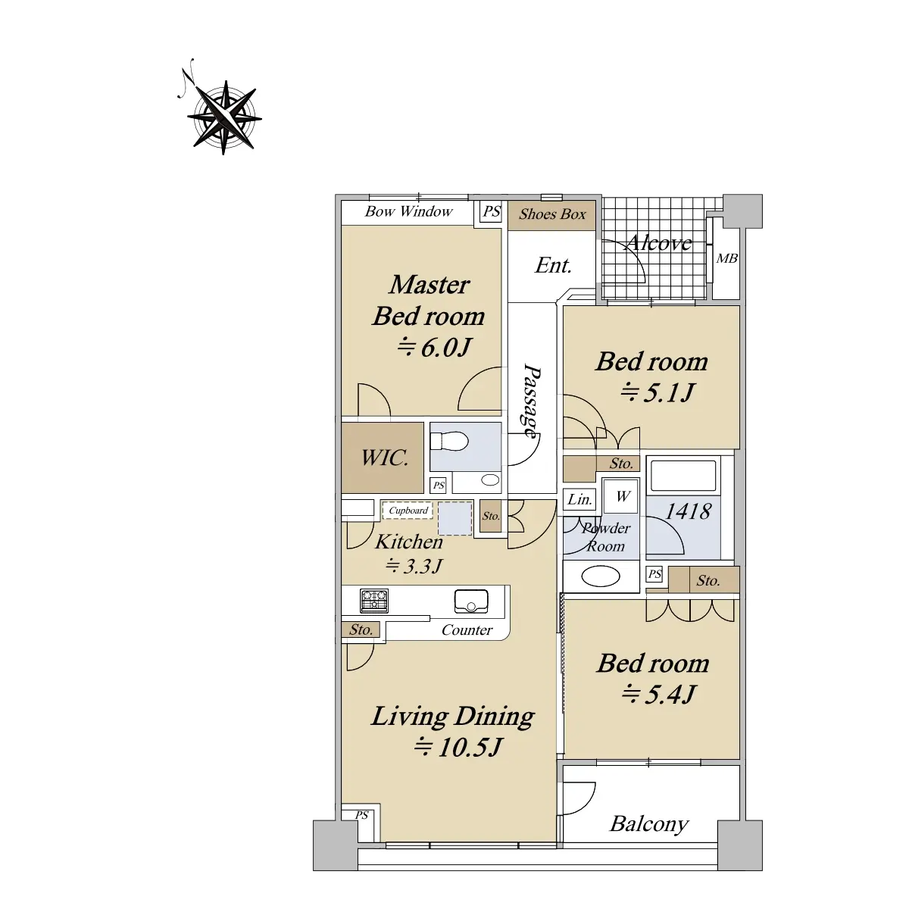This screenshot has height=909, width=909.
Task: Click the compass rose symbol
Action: (x=223, y=117)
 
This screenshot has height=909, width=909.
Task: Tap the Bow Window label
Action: (x=408, y=211)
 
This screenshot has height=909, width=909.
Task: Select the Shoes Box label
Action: (x=552, y=214)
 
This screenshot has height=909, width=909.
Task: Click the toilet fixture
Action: (x=448, y=442)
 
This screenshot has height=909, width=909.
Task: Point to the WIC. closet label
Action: (x=385, y=458)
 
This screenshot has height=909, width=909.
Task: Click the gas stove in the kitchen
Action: (x=374, y=601)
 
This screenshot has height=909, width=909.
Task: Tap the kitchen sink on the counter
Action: (x=470, y=601)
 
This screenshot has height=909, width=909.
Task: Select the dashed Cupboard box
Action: (x=408, y=511)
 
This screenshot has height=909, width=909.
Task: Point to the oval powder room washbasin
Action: (x=601, y=576)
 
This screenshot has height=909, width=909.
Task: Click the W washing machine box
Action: (x=622, y=496)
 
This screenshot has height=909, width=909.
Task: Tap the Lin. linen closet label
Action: (x=579, y=499)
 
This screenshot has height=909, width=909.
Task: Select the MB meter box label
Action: (x=727, y=258)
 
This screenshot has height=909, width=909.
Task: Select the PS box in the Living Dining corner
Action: (x=361, y=814)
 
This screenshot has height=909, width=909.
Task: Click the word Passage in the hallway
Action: (x=532, y=401)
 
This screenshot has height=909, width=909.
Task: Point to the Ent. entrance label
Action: (x=553, y=266)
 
